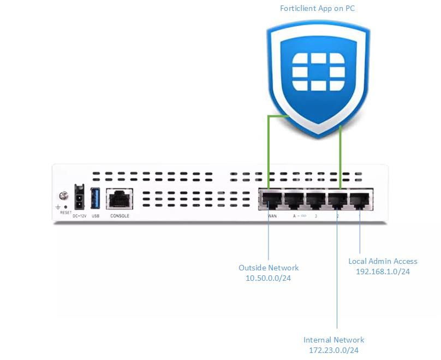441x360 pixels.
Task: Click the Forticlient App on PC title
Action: (317, 8)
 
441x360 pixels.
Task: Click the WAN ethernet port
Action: (270, 199)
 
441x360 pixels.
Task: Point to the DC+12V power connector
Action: (79, 197)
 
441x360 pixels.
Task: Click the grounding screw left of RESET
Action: (63, 196)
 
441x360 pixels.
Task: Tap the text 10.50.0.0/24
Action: (269, 278)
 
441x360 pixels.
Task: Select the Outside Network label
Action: (269, 268)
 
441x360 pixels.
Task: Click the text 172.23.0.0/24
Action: (333, 350)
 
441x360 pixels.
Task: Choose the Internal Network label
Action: (333, 340)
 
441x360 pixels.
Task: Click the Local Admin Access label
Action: (383, 261)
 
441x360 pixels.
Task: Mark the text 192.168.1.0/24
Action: (383, 272)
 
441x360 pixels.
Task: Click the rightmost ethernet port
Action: (360, 199)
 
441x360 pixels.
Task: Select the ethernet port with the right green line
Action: (338, 199)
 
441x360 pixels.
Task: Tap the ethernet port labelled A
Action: (293, 199)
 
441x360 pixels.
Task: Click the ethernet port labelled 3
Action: (315, 199)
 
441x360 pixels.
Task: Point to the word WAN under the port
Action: (272, 216)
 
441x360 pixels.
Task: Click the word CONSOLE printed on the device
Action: (120, 216)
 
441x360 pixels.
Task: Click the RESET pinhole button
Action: (66, 207)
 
